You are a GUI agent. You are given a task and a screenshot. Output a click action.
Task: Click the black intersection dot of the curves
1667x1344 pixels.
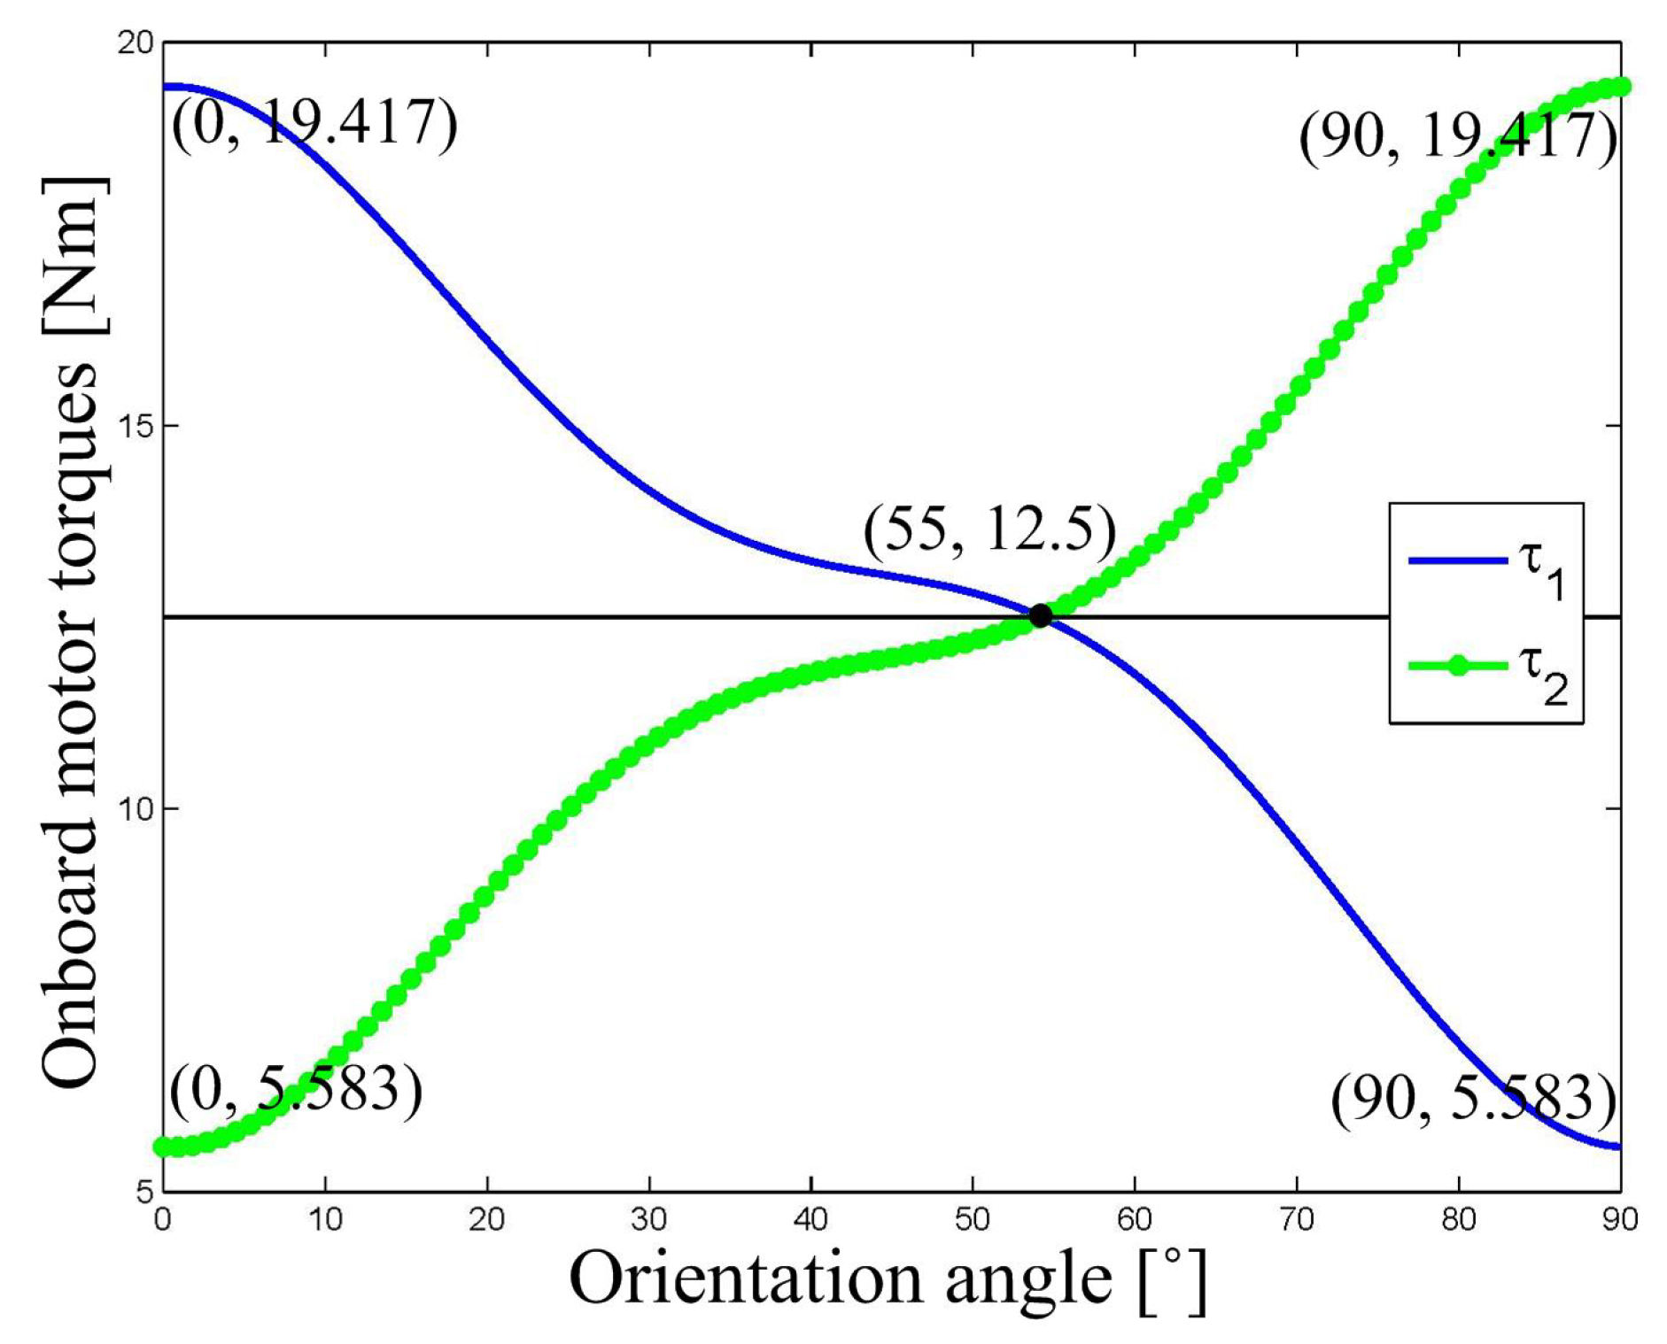[1040, 615]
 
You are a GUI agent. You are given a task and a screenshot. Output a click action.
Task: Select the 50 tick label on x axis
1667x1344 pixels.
[973, 1220]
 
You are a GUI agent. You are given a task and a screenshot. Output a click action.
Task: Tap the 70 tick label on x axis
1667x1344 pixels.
[1297, 1220]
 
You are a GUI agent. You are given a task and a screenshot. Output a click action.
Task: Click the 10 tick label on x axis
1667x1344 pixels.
[325, 1220]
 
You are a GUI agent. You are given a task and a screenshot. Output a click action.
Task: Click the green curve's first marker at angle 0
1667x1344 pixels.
[163, 1147]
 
